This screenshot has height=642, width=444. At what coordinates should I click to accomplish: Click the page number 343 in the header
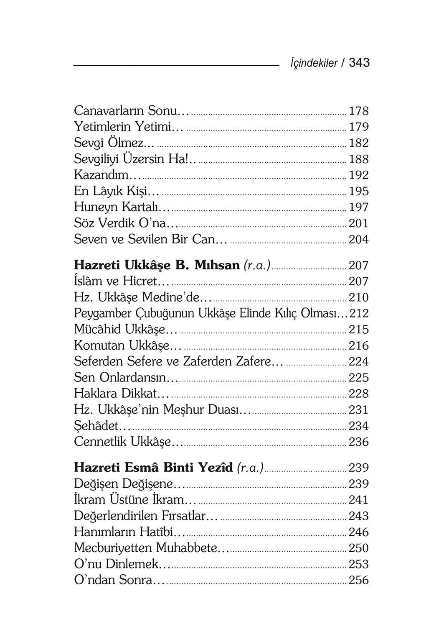359,63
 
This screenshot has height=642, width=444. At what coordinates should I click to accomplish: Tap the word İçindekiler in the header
314,64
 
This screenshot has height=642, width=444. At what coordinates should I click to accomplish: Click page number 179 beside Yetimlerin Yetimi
359,127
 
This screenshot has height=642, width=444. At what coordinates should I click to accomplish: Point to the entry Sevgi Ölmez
114,143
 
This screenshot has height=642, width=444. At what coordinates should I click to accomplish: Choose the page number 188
359,159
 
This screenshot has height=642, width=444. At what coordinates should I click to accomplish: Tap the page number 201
359,223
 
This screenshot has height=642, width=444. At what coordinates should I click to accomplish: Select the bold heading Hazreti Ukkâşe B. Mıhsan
157,265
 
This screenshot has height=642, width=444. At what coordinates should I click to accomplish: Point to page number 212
359,313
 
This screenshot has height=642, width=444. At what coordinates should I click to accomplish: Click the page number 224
359,361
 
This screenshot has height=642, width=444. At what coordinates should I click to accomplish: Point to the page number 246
359,532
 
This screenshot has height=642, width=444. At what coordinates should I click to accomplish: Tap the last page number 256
359,581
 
